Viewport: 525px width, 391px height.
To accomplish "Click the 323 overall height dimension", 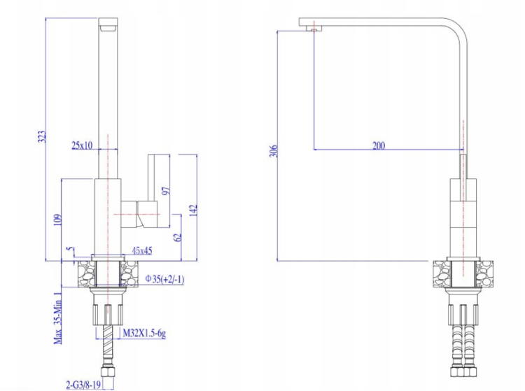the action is tap(41, 137).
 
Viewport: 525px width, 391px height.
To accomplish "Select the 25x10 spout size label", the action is tap(82, 145).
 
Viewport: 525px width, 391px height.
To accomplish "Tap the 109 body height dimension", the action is tap(58, 220).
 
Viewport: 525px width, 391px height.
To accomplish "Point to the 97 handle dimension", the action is tap(166, 191).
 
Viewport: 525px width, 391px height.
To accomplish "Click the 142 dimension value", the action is tap(193, 211).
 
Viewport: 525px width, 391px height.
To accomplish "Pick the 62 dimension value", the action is tap(178, 237).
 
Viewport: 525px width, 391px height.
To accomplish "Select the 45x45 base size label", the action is tap(142, 250).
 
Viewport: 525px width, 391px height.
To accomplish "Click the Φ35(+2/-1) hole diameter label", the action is tap(164, 279).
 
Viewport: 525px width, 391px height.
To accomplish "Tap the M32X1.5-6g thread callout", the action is tap(144, 333).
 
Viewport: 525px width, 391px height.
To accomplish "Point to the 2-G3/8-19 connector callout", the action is tap(83, 385).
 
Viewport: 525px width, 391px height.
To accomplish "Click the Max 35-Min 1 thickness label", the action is tap(58, 318).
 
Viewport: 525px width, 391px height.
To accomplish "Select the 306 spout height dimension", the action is tap(274, 151).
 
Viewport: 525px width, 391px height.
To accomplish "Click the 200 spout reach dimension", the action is tap(379, 145).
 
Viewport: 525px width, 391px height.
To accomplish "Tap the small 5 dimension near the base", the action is tap(70, 249).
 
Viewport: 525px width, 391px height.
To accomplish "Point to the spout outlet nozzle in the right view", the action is tap(314, 29).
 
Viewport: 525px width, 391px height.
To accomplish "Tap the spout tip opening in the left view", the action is tap(108, 29).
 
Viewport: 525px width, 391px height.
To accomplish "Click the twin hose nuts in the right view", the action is tap(463, 372).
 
